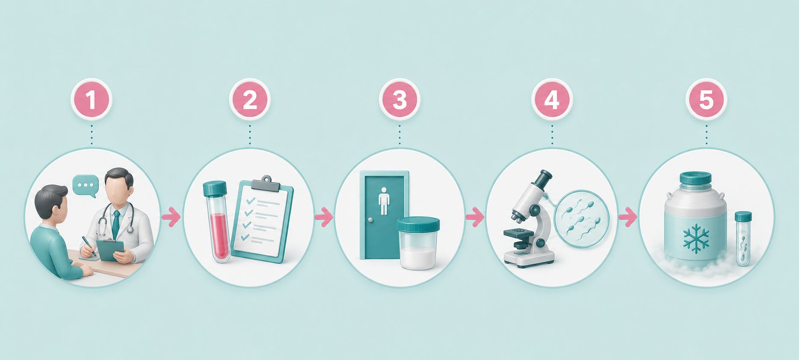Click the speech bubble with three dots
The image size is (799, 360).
tap(86, 186)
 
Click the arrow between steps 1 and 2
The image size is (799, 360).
tap(171, 217)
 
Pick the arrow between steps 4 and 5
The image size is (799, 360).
tap(627, 217)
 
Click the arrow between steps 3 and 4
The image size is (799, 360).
tap(474, 217)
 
